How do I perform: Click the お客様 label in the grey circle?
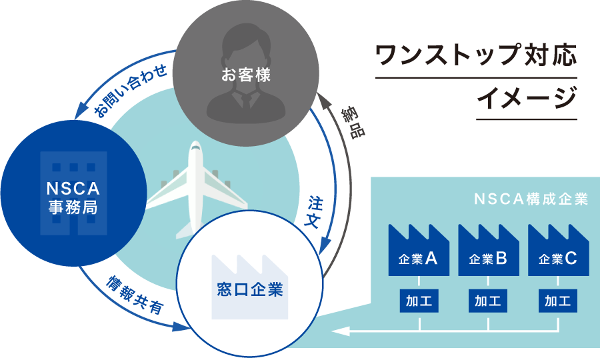246,75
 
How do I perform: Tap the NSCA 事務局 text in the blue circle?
73,198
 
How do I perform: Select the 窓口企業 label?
250,289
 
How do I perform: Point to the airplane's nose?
195,143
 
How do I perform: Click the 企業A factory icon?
419,250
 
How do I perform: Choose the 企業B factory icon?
489,250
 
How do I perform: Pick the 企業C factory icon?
558,250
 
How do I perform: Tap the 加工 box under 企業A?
419,301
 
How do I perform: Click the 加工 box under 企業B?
488,301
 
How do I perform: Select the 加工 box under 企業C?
558,301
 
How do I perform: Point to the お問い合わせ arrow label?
130,90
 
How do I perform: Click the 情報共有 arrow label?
135,295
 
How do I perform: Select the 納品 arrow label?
354,123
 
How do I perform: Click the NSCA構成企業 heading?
531,199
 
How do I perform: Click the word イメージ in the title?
527,98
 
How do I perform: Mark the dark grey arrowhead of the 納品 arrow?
324,101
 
